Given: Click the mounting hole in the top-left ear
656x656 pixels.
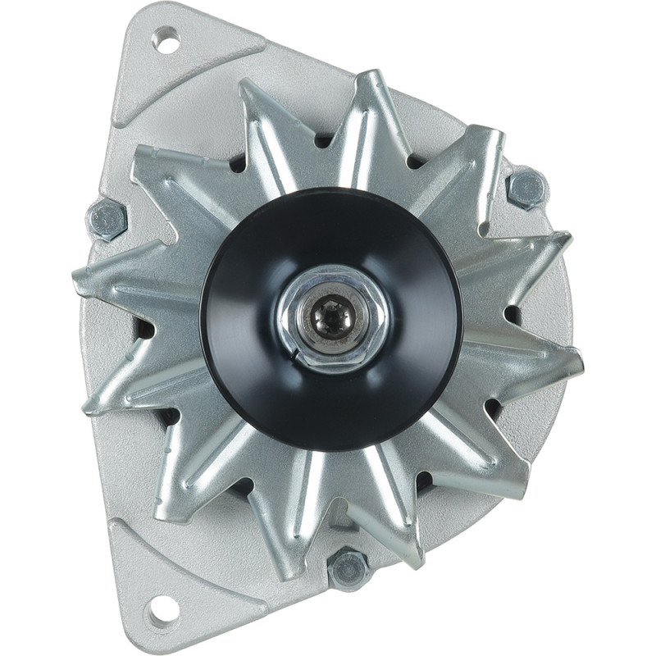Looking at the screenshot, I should [x=166, y=39].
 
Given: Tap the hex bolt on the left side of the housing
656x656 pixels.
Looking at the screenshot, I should [x=107, y=219].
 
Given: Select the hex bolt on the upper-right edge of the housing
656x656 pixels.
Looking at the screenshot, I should [x=526, y=189].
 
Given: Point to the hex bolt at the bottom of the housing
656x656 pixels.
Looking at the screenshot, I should [x=348, y=568].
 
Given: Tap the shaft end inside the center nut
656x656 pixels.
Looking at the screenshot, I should [x=331, y=314].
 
